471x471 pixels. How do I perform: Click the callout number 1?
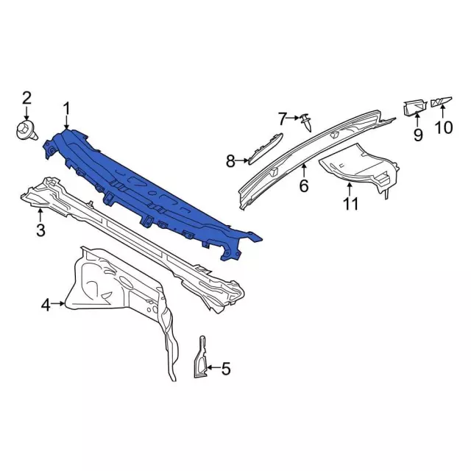[66, 109]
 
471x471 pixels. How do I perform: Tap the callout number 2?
[26, 98]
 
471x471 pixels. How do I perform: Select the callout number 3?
[40, 230]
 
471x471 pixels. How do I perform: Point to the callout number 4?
[46, 305]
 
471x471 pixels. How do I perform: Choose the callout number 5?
[226, 368]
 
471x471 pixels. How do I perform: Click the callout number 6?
[304, 185]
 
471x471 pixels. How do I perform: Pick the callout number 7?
[282, 119]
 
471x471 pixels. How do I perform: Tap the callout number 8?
[230, 162]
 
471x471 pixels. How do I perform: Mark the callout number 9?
[418, 134]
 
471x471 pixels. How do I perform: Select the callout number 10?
[443, 127]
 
